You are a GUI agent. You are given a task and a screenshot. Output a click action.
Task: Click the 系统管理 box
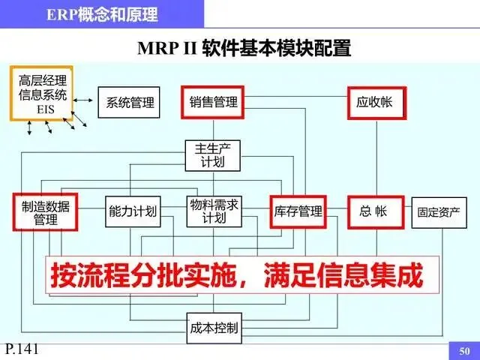click(x=130, y=103)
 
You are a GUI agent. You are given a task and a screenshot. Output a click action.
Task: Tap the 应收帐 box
click(x=374, y=102)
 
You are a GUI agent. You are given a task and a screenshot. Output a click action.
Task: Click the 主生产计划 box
click(x=213, y=154)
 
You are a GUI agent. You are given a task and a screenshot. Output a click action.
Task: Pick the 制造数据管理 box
click(x=45, y=211)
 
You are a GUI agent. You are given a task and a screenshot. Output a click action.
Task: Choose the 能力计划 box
click(x=133, y=211)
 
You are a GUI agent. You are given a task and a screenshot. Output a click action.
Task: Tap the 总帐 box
click(x=374, y=211)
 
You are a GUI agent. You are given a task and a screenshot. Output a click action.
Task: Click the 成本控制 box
click(x=213, y=328)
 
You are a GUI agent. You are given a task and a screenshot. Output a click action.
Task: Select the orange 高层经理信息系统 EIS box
click(x=43, y=94)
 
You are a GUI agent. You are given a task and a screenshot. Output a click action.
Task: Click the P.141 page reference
click(x=21, y=349)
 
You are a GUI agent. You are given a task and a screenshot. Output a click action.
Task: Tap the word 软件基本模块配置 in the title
click(x=274, y=49)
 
